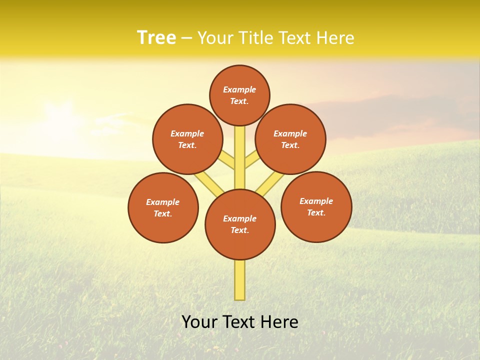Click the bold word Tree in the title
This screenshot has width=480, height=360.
tap(156, 37)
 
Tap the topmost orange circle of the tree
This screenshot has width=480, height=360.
tap(239, 95)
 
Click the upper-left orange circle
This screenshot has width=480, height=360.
tap(187, 139)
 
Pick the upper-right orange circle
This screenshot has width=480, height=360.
tap(290, 139)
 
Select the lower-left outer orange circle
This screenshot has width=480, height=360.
tap(163, 207)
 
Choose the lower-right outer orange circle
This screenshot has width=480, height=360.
tap(316, 206)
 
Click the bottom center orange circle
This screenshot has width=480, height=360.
tap(240, 224)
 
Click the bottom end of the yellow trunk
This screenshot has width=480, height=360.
tap(240, 298)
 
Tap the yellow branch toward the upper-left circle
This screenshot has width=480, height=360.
tap(227, 160)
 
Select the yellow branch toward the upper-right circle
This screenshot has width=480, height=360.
tap(252, 159)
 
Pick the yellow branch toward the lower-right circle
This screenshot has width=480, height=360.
tap(270, 183)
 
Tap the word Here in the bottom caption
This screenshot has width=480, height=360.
tap(280, 321)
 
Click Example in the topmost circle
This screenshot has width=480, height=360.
tap(239, 89)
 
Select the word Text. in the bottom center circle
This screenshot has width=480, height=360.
tap(239, 230)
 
